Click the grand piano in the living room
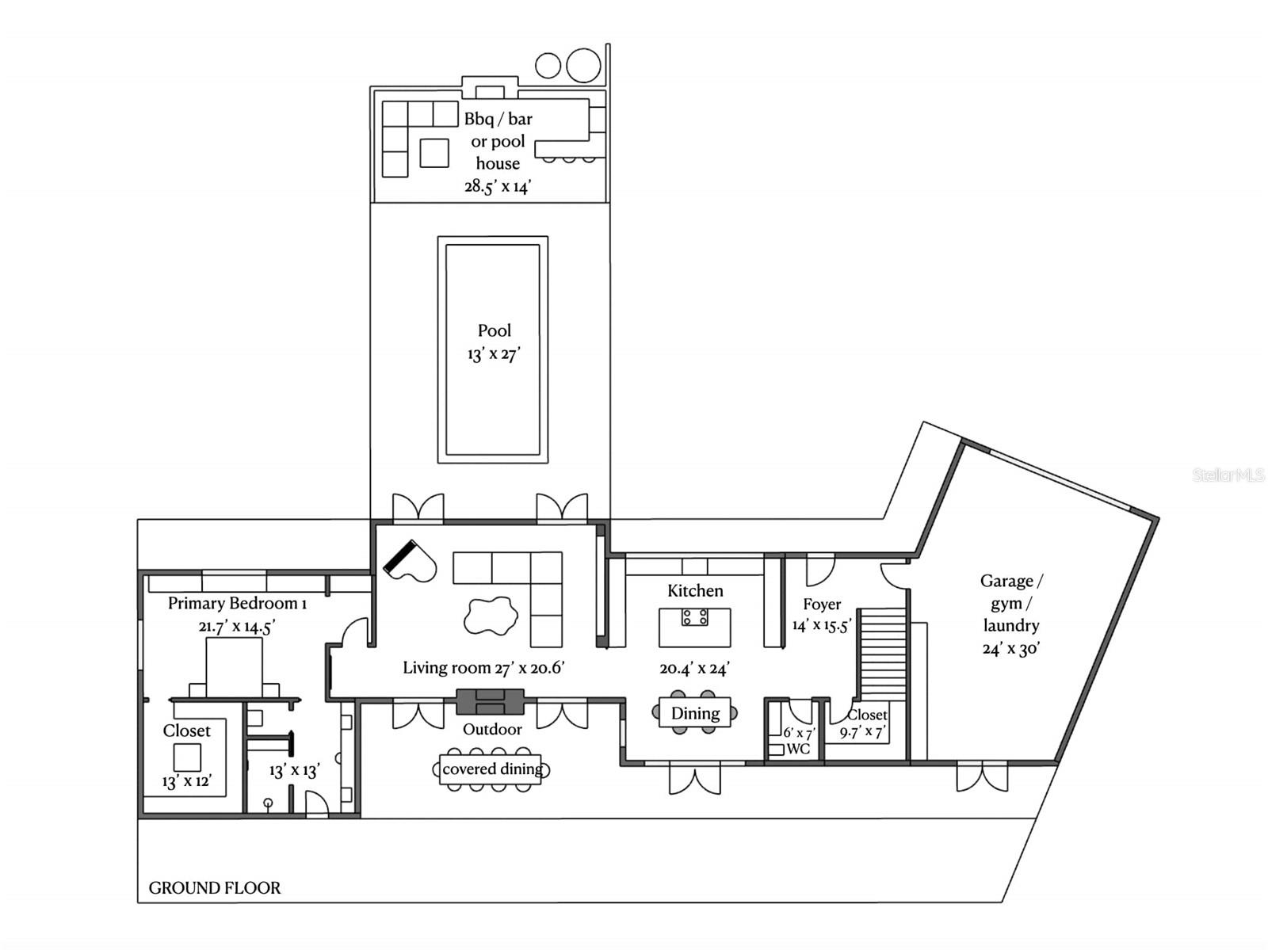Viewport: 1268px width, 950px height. (x=411, y=561)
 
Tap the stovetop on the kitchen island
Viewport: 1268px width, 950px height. (x=694, y=616)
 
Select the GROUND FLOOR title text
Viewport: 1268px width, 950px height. (x=214, y=887)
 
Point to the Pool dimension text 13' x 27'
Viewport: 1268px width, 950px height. (x=494, y=353)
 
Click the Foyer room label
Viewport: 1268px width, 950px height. (x=822, y=604)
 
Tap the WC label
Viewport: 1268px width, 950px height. (x=798, y=749)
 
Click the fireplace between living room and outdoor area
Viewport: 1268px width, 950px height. (x=491, y=702)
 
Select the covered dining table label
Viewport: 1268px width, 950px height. (x=492, y=769)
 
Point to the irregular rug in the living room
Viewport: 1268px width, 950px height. (x=490, y=616)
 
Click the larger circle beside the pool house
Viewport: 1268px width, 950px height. (x=583, y=65)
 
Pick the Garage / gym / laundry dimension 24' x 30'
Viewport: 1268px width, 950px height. (x=1011, y=649)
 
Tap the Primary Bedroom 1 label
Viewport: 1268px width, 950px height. (x=237, y=604)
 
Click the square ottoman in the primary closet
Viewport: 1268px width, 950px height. (x=187, y=757)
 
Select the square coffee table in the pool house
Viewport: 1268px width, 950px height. (x=434, y=153)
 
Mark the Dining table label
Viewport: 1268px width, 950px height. (x=695, y=714)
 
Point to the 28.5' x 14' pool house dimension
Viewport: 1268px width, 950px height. (x=498, y=186)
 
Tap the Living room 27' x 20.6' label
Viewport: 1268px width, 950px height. (x=483, y=668)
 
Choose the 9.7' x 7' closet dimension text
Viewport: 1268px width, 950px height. (x=862, y=733)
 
